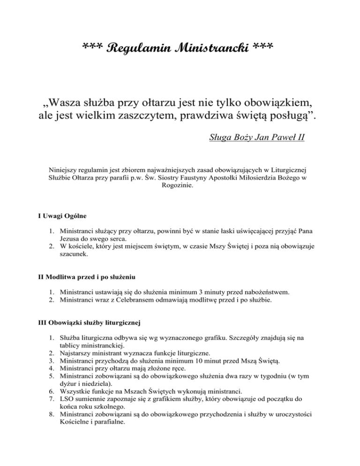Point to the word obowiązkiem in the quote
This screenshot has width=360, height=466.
click(287, 101)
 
